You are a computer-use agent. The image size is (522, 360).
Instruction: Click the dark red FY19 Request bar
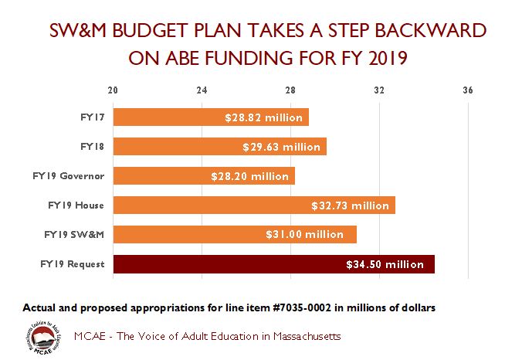pyautogui.click(x=274, y=263)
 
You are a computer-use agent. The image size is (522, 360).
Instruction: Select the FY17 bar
pyautogui.click(x=211, y=117)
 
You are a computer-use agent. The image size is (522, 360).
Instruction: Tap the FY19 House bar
pyautogui.click(x=254, y=205)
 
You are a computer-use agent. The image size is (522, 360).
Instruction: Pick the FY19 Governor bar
pyautogui.click(x=204, y=176)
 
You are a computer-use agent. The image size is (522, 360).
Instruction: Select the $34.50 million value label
pyautogui.click(x=385, y=264)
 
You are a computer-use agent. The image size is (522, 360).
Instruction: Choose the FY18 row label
pyautogui.click(x=92, y=146)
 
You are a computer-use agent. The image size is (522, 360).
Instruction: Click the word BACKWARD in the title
pyautogui.click(x=429, y=30)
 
